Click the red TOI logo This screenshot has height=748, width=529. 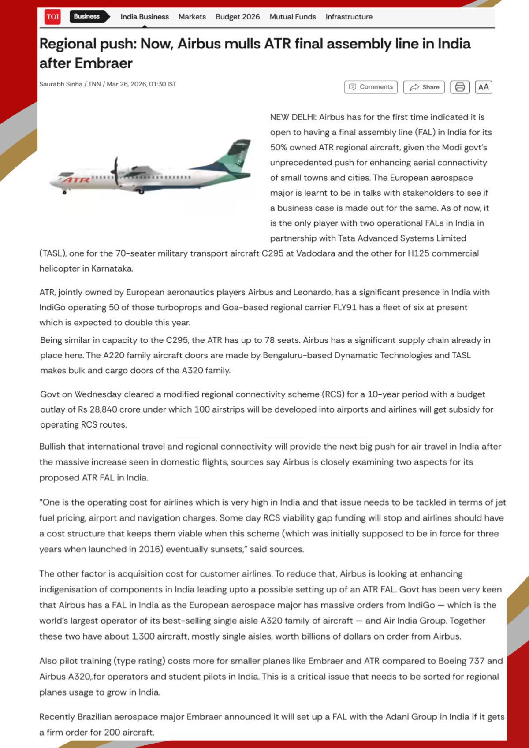pyautogui.click(x=52, y=17)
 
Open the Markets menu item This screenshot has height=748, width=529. pyautogui.click(x=192, y=17)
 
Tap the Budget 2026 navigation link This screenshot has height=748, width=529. pyautogui.click(x=238, y=17)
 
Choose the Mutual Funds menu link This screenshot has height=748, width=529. pyautogui.click(x=293, y=17)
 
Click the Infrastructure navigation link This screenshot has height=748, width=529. pyautogui.click(x=349, y=17)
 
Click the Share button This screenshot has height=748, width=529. pyautogui.click(x=424, y=87)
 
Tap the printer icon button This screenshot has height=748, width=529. pyautogui.click(x=460, y=87)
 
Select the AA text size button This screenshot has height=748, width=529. pyautogui.click(x=483, y=87)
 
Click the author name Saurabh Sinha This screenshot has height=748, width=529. pyautogui.click(x=61, y=84)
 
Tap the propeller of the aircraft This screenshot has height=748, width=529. pyautogui.click(x=116, y=172)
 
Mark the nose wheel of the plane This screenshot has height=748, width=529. pyautogui.click(x=64, y=192)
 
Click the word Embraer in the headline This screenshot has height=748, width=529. pyautogui.click(x=103, y=63)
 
